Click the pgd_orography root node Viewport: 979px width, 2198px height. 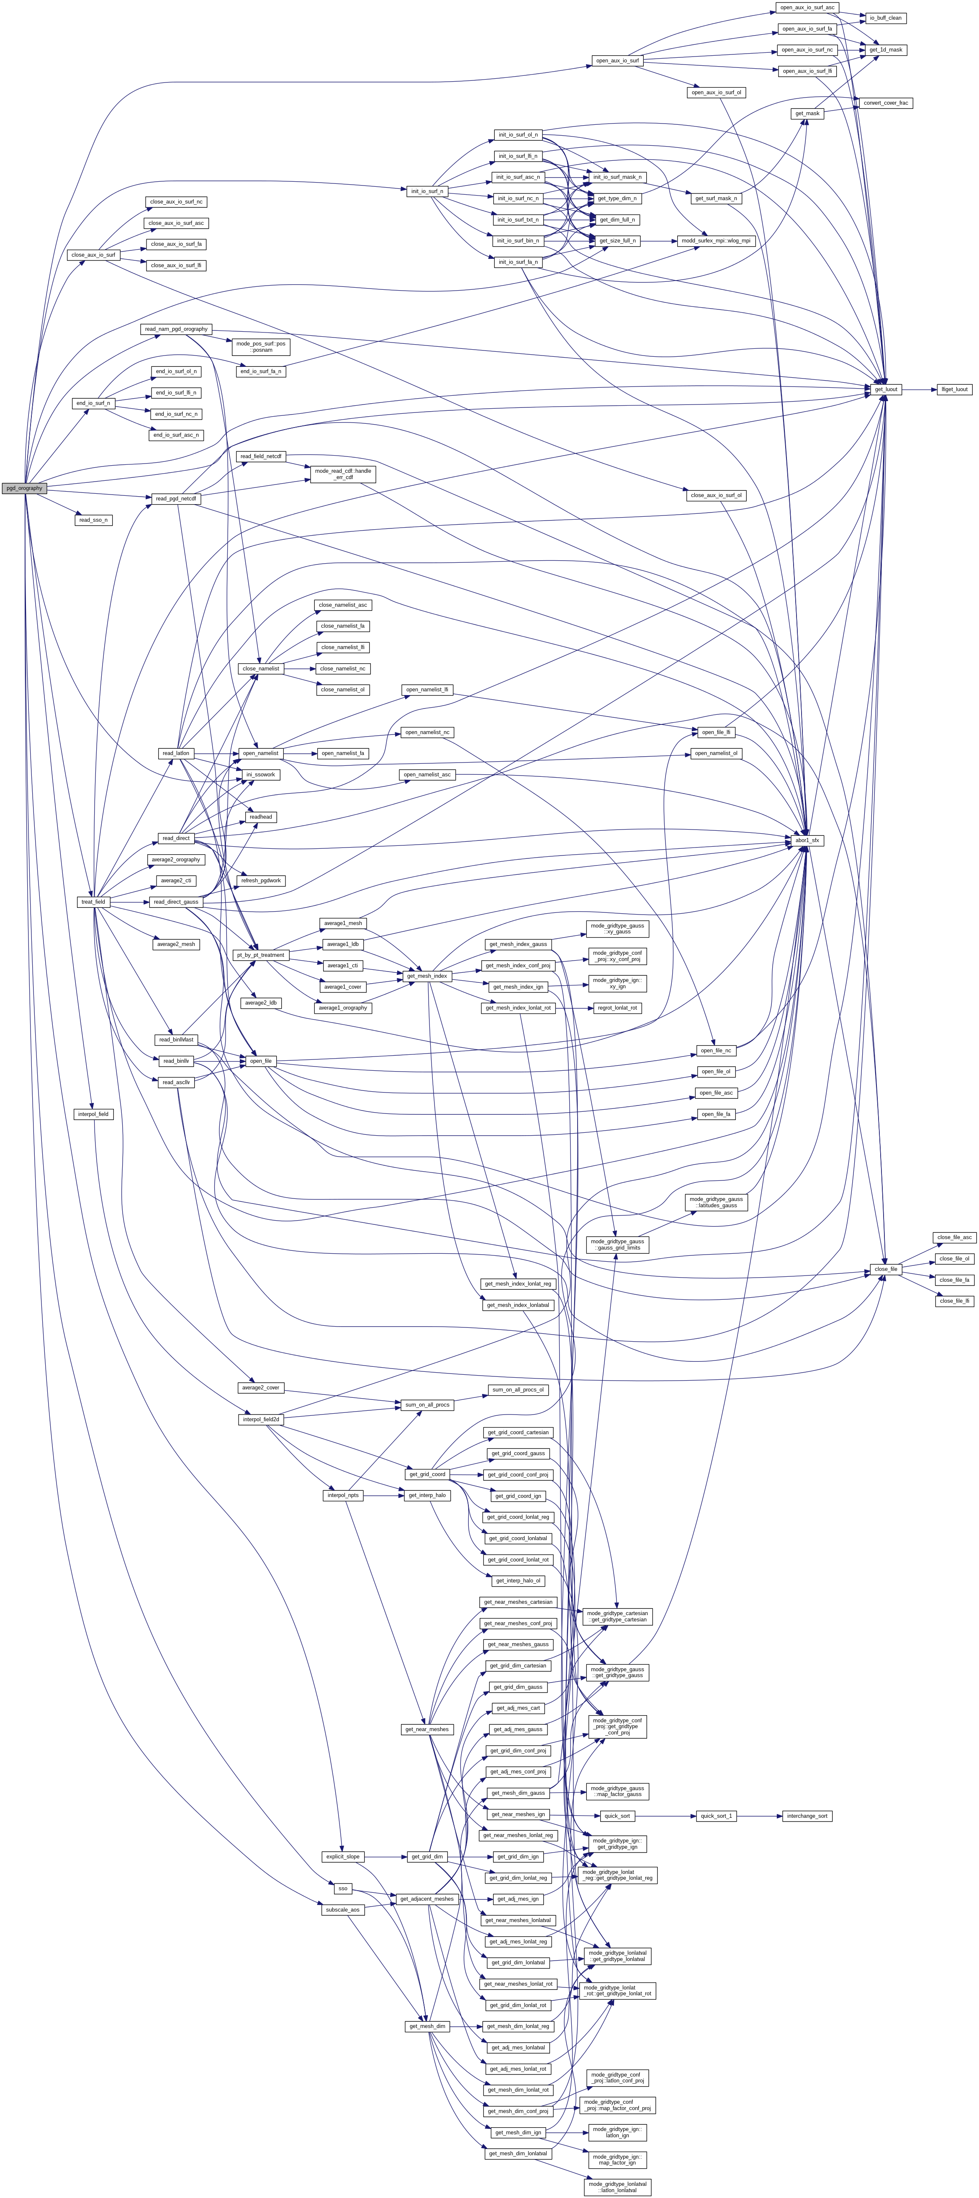point(24,488)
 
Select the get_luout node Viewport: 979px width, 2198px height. point(886,389)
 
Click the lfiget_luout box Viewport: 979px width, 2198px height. point(954,389)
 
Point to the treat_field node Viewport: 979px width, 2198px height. point(93,902)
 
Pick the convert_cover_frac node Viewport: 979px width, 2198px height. point(886,103)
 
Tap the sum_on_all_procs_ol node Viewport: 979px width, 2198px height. point(517,1390)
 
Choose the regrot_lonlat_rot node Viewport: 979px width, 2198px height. point(617,1008)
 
